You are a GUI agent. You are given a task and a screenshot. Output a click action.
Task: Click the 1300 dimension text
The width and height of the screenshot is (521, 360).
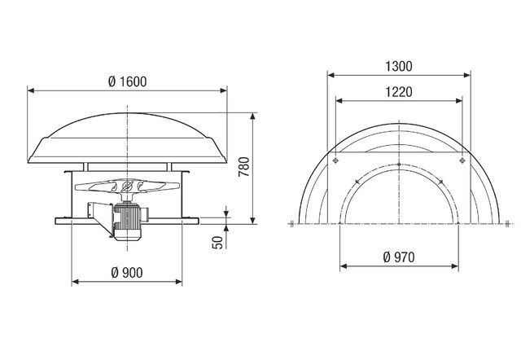tap(399, 64)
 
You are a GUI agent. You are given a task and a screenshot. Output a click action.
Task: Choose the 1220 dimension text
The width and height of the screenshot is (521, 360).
tap(399, 91)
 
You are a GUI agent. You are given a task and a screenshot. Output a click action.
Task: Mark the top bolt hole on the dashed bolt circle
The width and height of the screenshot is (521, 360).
tap(399, 166)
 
